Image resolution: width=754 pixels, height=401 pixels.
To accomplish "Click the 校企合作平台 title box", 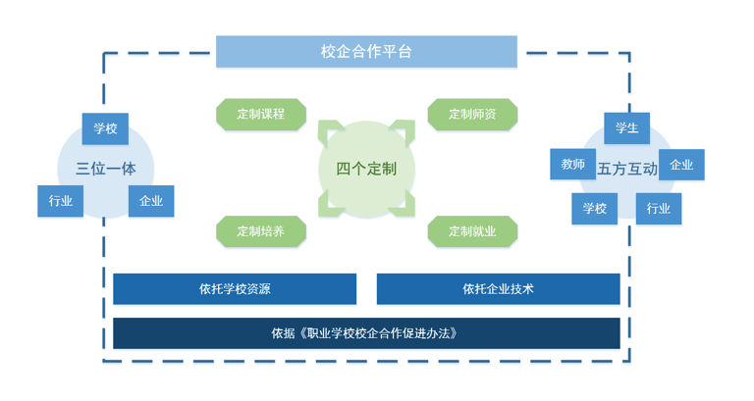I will pyautogui.click(x=366, y=52).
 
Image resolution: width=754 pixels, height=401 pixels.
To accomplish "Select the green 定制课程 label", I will pyautogui.click(x=260, y=114).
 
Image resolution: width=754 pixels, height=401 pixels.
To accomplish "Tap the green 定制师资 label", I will pyautogui.click(x=472, y=114).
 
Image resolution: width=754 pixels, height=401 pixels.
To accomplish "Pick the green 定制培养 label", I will pyautogui.click(x=260, y=231).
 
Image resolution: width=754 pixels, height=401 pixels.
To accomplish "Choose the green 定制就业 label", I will pyautogui.click(x=472, y=231).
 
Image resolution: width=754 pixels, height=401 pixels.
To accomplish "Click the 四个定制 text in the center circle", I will pyautogui.click(x=366, y=169).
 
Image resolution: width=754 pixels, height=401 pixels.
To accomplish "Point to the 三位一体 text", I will pyautogui.click(x=106, y=168).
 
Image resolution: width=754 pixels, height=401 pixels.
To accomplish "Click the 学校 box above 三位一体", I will pyautogui.click(x=105, y=128).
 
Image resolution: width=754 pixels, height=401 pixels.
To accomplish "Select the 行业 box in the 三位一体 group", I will pyautogui.click(x=61, y=201).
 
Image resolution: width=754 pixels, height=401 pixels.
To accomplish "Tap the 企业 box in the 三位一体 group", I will pyautogui.click(x=151, y=201).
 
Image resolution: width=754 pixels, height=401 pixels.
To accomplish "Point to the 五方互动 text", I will pyautogui.click(x=627, y=168).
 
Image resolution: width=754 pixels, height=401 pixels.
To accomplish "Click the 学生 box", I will pyautogui.click(x=626, y=128).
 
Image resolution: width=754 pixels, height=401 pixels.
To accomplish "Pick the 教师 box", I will pyautogui.click(x=572, y=165).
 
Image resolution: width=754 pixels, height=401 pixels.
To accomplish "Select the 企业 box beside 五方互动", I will pyautogui.click(x=681, y=165).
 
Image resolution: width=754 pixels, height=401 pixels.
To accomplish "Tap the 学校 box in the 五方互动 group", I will pyautogui.click(x=595, y=208).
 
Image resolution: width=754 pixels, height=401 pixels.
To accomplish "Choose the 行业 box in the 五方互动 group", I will pyautogui.click(x=658, y=208).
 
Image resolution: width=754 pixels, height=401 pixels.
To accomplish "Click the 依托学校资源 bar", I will pyautogui.click(x=235, y=289).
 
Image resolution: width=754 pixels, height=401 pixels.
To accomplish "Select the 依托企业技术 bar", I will pyautogui.click(x=498, y=289).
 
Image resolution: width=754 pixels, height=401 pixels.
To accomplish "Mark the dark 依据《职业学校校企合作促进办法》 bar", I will pyautogui.click(x=366, y=333).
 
